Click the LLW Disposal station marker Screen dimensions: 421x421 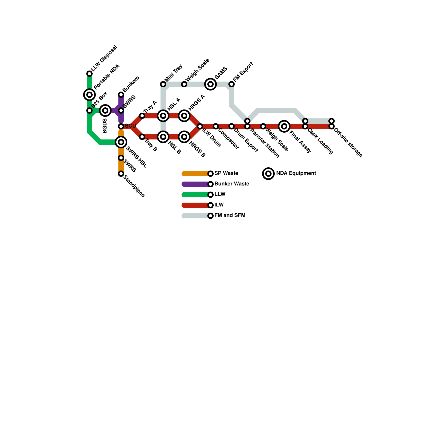tap(89, 74)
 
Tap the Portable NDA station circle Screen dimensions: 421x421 tap(89, 95)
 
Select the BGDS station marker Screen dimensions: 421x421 tap(105, 111)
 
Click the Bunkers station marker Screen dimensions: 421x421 tap(121, 95)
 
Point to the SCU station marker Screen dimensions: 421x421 tap(121, 126)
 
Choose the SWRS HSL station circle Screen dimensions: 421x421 tap(121, 142)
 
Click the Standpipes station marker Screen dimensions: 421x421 tap(121, 174)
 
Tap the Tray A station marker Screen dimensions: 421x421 tap(142, 116)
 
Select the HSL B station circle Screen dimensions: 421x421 tap(163, 137)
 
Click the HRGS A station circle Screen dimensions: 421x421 tap(184, 116)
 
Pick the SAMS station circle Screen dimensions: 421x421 tap(210, 84)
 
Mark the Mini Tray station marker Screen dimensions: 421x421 tap(163, 84)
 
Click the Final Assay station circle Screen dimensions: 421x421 tap(284, 126)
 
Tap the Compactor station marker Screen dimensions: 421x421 tap(216, 126)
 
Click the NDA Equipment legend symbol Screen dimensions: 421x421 tap(268, 174)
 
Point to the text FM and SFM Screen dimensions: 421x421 tap(230, 215)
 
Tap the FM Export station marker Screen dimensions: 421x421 tap(232, 84)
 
